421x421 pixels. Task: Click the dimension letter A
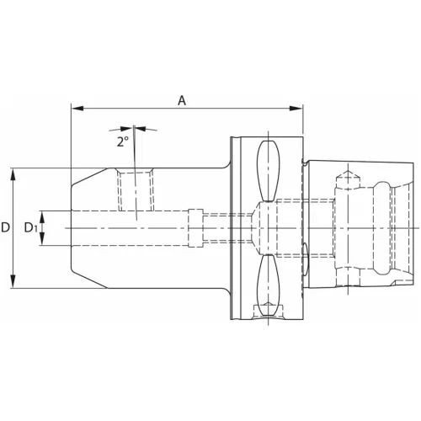(182, 100)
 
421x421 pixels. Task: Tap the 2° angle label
(123, 141)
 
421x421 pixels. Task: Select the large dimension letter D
(7, 227)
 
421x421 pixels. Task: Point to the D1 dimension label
(29, 227)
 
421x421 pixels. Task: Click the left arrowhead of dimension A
(76, 108)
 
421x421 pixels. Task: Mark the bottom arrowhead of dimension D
(13, 284)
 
